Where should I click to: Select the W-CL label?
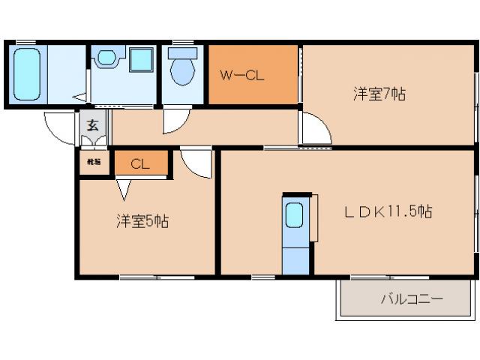(x=241, y=75)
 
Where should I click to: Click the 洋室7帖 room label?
(x=380, y=94)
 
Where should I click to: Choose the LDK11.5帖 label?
(x=388, y=212)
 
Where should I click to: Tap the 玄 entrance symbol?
(x=92, y=126)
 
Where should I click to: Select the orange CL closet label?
(x=140, y=164)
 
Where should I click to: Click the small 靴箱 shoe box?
(x=94, y=162)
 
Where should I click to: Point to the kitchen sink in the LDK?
(x=295, y=216)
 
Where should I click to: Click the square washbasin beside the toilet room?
(x=140, y=60)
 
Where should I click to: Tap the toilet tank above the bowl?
(x=181, y=53)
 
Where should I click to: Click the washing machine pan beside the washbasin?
(x=106, y=57)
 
